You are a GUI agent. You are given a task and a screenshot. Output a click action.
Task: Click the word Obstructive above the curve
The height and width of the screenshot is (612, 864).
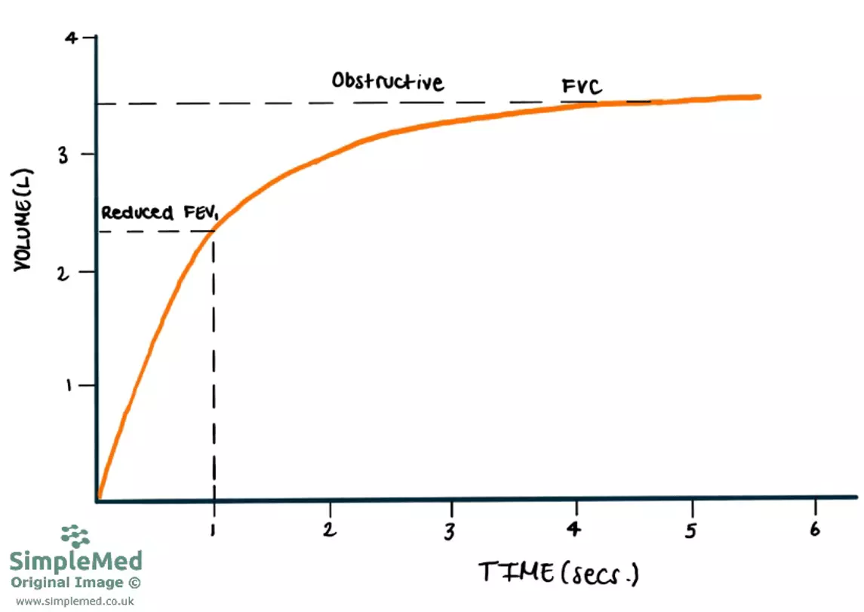click(387, 81)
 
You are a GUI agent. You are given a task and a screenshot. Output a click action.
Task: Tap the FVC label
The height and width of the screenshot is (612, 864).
click(582, 87)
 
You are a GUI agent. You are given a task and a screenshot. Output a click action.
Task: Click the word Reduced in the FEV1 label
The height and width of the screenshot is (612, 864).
click(137, 213)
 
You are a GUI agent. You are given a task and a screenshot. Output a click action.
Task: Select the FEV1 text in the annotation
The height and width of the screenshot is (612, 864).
click(199, 213)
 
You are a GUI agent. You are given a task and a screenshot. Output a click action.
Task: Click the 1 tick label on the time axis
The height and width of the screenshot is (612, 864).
click(214, 530)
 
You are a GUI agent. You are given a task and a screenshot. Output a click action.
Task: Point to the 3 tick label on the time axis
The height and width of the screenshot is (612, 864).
click(450, 530)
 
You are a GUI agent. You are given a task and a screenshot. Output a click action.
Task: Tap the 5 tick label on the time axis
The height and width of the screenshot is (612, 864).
click(691, 530)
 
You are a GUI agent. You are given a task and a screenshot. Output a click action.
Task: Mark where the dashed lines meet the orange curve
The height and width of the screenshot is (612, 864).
click(214, 231)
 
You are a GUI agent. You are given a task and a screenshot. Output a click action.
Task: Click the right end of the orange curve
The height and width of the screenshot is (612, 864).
click(758, 96)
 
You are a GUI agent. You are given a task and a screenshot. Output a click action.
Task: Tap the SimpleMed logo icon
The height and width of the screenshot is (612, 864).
click(75, 536)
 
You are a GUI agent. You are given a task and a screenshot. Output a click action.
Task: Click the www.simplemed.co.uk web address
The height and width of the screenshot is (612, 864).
click(75, 601)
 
